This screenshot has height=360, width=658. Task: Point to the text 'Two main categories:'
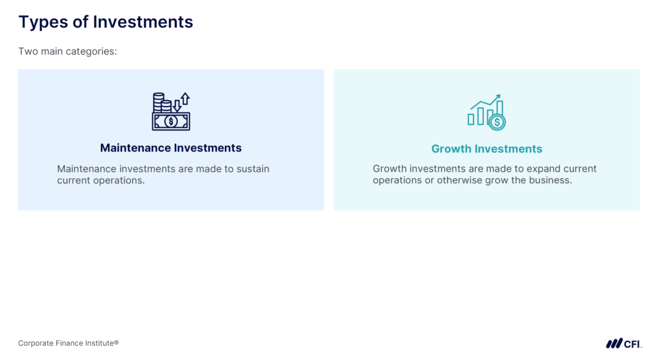click(x=67, y=51)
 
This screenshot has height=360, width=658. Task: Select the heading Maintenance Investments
click(x=171, y=148)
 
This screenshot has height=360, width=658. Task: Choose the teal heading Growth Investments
click(x=486, y=149)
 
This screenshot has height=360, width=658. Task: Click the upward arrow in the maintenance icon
click(x=185, y=99)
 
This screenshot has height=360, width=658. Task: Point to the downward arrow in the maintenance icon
click(x=177, y=105)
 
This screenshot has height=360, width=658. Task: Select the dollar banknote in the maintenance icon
click(x=171, y=121)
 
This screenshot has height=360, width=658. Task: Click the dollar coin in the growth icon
click(x=497, y=122)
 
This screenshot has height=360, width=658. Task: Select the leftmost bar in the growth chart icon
click(x=471, y=119)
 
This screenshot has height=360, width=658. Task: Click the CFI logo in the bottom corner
click(x=623, y=343)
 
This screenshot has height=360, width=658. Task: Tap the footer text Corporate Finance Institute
click(x=68, y=343)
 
